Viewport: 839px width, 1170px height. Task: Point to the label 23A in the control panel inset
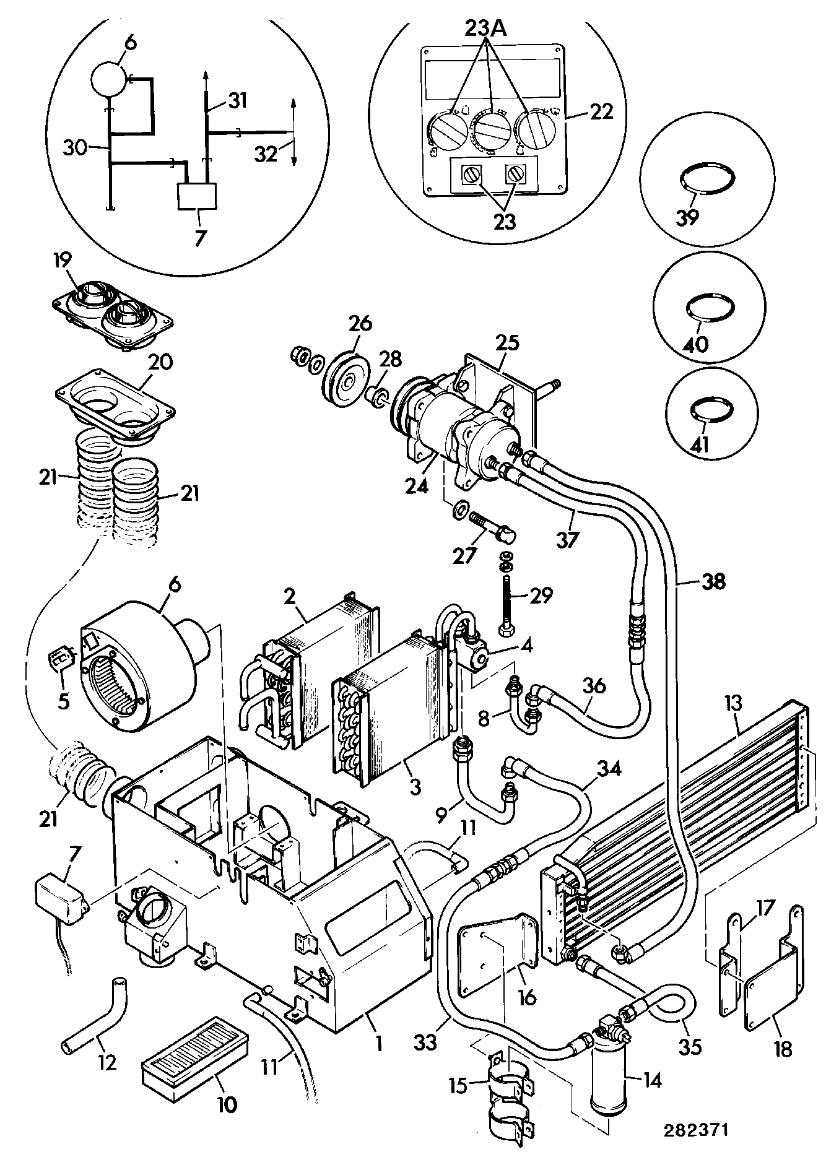487,29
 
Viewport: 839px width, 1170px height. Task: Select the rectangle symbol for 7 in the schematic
198,196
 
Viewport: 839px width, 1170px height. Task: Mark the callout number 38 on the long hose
713,581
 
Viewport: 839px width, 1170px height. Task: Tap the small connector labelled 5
60,661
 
